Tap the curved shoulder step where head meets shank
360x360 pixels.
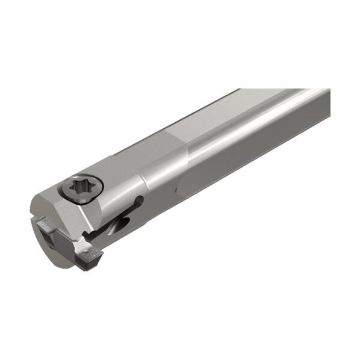(144, 175)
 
